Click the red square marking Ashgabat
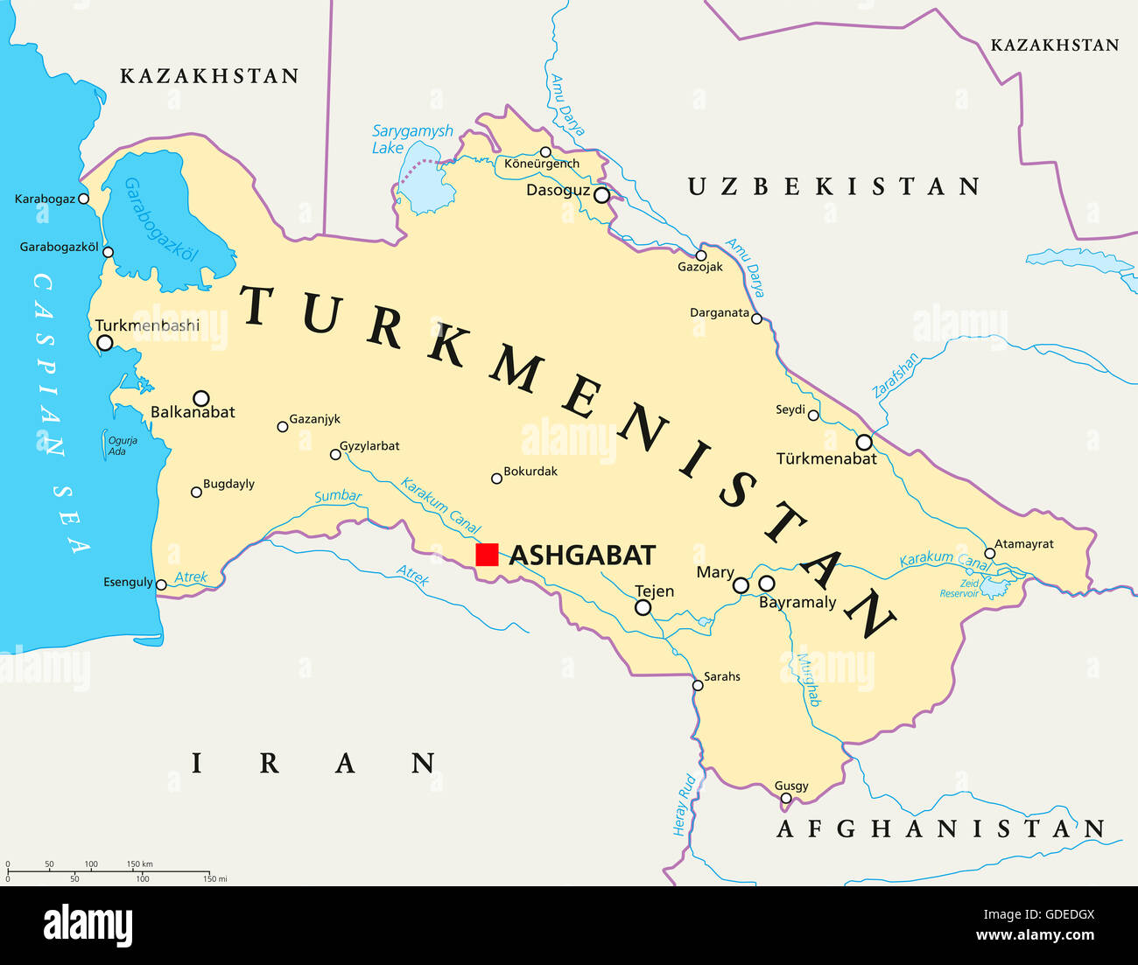coord(487,555)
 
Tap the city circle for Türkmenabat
coord(864,442)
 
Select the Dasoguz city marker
coord(601,195)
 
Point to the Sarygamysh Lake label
coord(411,139)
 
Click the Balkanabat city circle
coord(200,398)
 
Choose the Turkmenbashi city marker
coord(105,343)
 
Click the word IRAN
coord(314,763)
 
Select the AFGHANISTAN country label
coord(940,829)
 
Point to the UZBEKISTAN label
coord(832,186)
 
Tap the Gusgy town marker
coord(785,798)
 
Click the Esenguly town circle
coord(161,584)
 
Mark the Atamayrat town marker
coord(989,553)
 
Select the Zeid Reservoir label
coord(960,588)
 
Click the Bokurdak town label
coord(530,471)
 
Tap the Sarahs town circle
coord(698,685)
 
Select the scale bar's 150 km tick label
coord(139,864)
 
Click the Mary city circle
coord(741,585)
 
